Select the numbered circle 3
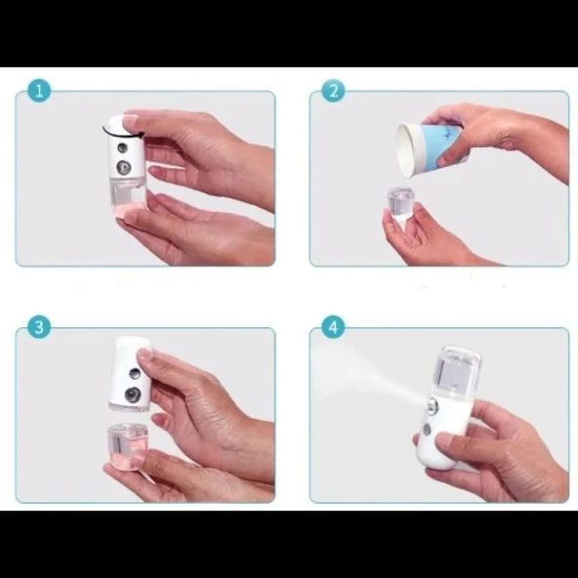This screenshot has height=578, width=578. point(40,327)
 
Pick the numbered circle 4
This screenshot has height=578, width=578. point(333,327)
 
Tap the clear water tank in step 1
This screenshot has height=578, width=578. point(125,198)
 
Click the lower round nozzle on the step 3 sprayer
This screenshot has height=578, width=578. point(129,394)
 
